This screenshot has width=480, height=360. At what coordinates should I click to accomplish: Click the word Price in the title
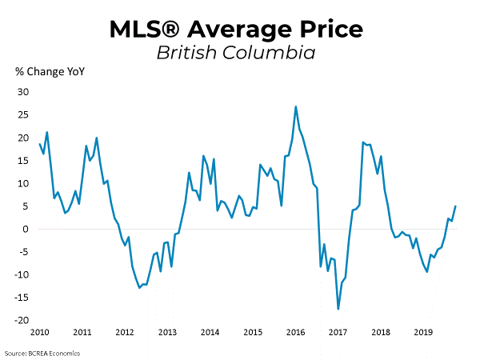coord(330,30)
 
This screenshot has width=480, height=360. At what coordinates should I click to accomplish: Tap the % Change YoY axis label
coord(50,72)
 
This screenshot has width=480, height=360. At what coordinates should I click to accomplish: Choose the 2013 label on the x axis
coord(167,332)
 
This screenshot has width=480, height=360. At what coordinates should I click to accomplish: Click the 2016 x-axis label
coord(295,332)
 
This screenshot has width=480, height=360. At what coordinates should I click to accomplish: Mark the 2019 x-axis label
coord(423,332)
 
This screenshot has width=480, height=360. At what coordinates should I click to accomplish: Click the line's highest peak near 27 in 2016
coord(296,106)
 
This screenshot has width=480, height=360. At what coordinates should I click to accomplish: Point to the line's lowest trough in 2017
coord(338,309)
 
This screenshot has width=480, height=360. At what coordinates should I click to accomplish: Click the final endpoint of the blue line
coord(455,206)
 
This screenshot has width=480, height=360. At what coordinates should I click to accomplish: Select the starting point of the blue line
coord(39,144)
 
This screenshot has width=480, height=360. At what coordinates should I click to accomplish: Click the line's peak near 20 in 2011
coord(97,138)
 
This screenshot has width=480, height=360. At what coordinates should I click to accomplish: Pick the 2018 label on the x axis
coord(381,332)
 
